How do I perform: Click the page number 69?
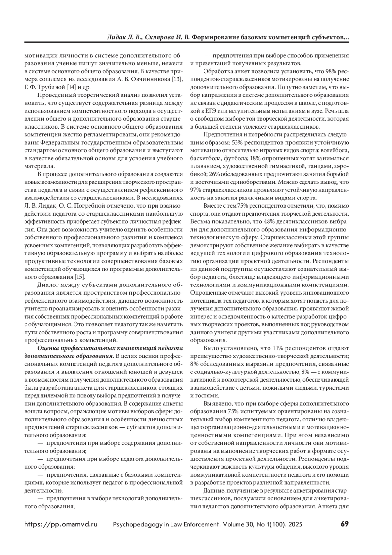[345, 524]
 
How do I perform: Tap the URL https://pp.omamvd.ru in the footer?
[61, 524]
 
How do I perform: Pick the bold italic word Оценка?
[49, 348]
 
